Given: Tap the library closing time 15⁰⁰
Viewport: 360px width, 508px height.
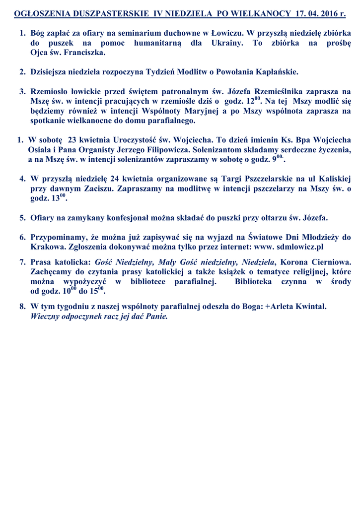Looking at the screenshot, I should click(97, 291).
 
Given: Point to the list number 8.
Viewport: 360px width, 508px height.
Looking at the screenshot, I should click(22, 307).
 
